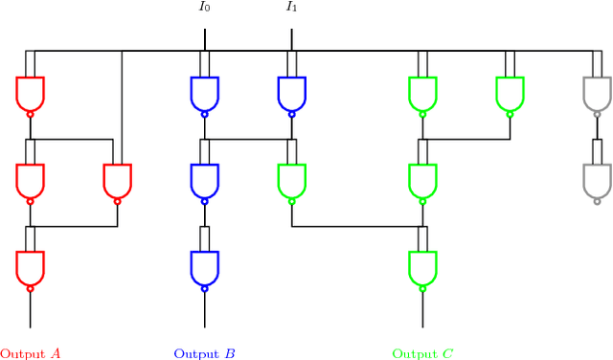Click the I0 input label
click(x=204, y=8)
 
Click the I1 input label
click(x=291, y=8)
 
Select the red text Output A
click(x=30, y=353)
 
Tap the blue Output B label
click(x=204, y=353)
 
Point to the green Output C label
click(x=422, y=353)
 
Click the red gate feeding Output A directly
click(x=30, y=266)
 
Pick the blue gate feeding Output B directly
click(x=204, y=266)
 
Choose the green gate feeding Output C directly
click(x=422, y=266)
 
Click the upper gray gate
click(x=597, y=92)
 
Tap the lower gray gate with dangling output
click(x=597, y=179)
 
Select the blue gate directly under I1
click(x=291, y=92)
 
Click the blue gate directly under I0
click(x=204, y=92)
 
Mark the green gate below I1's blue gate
click(x=291, y=179)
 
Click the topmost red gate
click(x=30, y=92)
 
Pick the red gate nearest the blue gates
click(x=117, y=179)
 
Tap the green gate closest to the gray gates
click(x=510, y=92)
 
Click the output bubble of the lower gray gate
click(x=597, y=201)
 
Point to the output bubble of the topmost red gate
click(x=30, y=114)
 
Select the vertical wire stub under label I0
click(x=204, y=38)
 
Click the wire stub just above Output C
click(x=422, y=309)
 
